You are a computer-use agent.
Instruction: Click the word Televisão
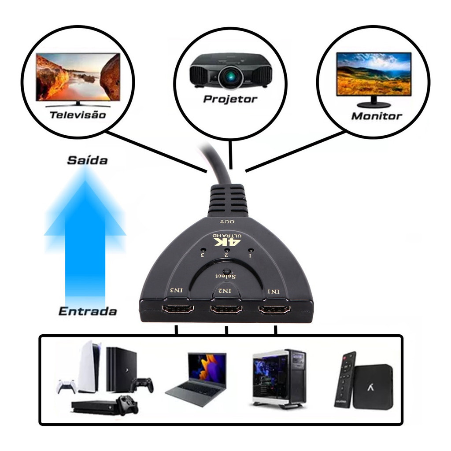click(x=78, y=115)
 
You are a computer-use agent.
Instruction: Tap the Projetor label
click(x=230, y=99)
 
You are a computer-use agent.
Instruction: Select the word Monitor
click(x=377, y=116)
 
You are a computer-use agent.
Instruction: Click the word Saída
click(x=87, y=160)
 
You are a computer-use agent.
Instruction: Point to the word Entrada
click(x=88, y=311)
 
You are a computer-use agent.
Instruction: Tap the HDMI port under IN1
click(x=274, y=310)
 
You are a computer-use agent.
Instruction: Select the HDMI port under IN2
click(x=226, y=309)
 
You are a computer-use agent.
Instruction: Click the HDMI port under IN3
click(x=178, y=309)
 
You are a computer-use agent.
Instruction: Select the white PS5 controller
click(x=66, y=386)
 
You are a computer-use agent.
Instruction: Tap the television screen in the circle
click(x=78, y=77)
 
